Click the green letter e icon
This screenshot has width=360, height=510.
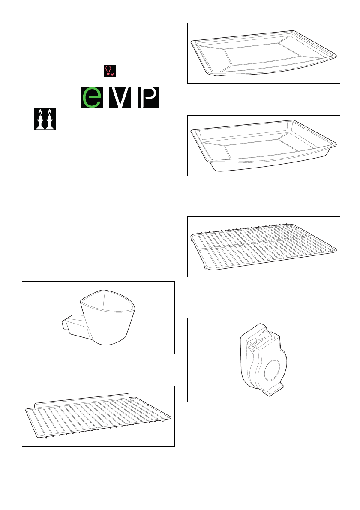click(92, 97)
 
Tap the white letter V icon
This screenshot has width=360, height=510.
click(120, 97)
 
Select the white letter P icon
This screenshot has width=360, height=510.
click(148, 97)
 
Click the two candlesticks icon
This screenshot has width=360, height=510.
click(45, 120)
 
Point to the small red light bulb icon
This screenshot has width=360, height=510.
click(110, 71)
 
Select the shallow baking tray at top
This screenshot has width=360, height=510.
click(264, 54)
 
